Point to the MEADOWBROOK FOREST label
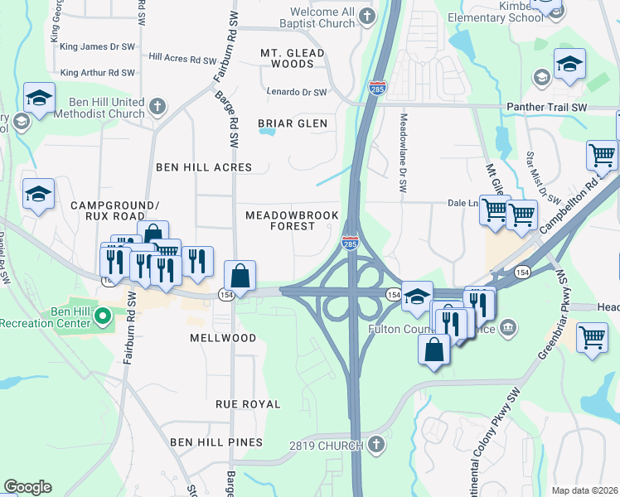292,220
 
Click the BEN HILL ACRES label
204,167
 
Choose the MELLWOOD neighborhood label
223,338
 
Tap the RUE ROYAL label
248,404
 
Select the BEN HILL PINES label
216,442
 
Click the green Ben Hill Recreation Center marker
103,316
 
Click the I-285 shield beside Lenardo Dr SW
377,89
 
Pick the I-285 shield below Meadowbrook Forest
350,241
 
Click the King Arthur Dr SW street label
98,73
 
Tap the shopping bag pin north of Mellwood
240,275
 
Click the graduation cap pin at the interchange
418,296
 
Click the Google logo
27,487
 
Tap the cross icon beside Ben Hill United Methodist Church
157,106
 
